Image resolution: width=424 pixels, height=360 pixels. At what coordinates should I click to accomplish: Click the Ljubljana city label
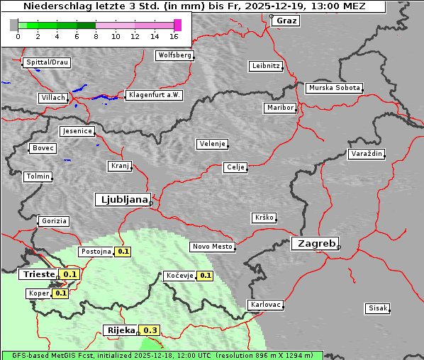pyautogui.click(x=122, y=200)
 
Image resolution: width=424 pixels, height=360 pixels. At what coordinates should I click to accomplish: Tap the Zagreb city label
pyautogui.click(x=314, y=243)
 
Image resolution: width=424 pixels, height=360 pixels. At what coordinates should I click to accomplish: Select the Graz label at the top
pyautogui.click(x=286, y=21)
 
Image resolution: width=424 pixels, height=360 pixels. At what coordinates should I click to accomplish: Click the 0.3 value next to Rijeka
pyautogui.click(x=150, y=330)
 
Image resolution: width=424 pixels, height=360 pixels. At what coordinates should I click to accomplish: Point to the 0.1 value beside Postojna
pyautogui.click(x=123, y=252)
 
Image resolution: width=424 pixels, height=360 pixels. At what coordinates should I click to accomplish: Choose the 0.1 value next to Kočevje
pyautogui.click(x=206, y=276)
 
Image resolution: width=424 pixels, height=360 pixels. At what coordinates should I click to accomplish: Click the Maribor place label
pyautogui.click(x=279, y=108)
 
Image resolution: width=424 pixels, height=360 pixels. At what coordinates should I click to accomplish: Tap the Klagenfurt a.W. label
pyautogui.click(x=154, y=95)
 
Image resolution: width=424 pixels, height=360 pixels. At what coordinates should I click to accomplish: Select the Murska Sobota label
pyautogui.click(x=334, y=89)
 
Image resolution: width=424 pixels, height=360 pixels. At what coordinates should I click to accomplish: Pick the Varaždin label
pyautogui.click(x=367, y=154)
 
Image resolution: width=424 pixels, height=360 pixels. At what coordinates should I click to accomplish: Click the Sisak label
pyautogui.click(x=376, y=308)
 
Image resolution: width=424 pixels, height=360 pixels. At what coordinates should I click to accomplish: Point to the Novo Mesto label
pyautogui.click(x=212, y=247)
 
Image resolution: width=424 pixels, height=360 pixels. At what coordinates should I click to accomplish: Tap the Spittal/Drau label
pyautogui.click(x=47, y=62)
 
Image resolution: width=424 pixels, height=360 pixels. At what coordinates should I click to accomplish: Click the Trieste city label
pyautogui.click(x=40, y=274)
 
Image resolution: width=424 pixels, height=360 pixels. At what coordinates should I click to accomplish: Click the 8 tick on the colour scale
pyautogui.click(x=96, y=35)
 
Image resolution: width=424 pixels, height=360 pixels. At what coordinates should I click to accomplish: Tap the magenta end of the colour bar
pyautogui.click(x=177, y=25)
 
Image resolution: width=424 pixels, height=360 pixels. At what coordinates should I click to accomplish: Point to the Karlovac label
pyautogui.click(x=266, y=305)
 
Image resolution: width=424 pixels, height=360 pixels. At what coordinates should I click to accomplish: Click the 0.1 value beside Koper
pyautogui.click(x=61, y=293)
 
